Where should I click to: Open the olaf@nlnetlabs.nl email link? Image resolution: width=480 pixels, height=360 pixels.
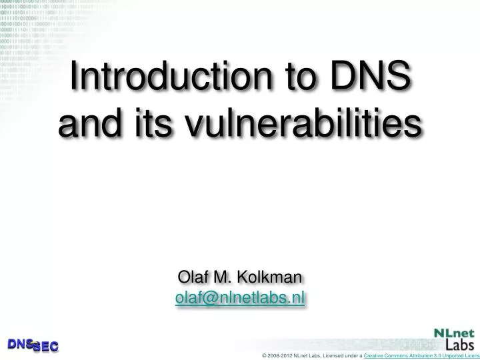point(240,298)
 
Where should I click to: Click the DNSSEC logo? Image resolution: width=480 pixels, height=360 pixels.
point(33,345)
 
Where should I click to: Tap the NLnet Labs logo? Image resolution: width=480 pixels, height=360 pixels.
point(454,339)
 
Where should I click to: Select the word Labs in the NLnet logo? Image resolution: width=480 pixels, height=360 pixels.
point(459,345)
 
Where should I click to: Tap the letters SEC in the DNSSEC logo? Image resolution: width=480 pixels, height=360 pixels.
point(45,347)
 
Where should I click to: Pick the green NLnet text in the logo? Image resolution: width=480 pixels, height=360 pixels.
point(454,333)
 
